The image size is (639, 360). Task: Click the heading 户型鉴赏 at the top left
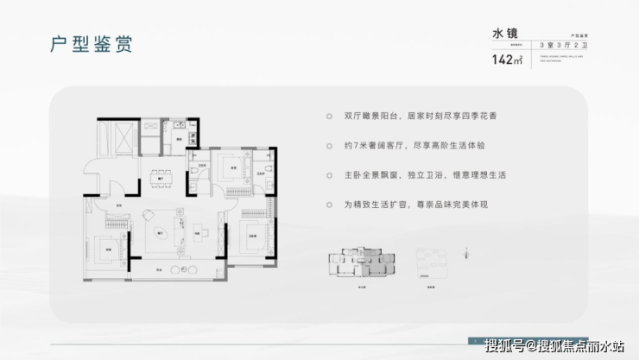coord(85,45)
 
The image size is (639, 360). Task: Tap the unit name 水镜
coord(503,34)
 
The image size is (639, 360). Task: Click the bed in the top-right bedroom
coord(232,167)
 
